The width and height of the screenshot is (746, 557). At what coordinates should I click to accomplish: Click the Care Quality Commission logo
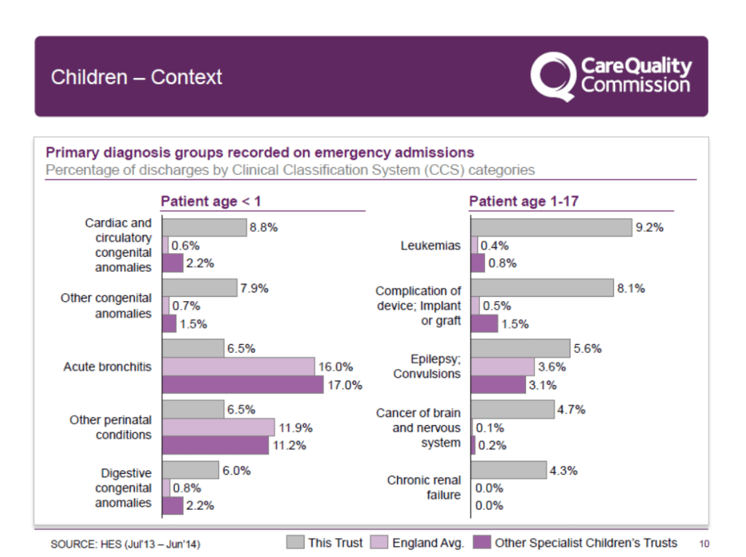point(610,76)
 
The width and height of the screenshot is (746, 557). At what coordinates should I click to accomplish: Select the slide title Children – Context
point(136,77)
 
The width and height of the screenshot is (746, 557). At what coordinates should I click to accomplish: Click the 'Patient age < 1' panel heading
point(211,201)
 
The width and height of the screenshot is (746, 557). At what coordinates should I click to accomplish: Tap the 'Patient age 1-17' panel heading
point(523,201)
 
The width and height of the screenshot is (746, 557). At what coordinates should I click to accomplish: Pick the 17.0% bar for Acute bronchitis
point(243,384)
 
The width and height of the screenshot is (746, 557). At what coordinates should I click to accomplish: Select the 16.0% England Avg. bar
point(238,367)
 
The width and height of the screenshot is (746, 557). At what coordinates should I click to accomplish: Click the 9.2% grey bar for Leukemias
point(551,227)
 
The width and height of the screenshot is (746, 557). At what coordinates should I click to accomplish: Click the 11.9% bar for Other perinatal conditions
point(219,427)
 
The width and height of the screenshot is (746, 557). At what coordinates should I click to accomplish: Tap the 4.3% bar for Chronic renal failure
point(509,470)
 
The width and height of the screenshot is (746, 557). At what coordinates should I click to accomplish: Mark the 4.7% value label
point(571,410)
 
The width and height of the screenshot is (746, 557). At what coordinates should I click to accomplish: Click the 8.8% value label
point(263,227)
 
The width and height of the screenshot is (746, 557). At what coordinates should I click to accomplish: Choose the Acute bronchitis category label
point(107,367)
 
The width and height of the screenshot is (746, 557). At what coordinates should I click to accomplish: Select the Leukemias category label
point(431,246)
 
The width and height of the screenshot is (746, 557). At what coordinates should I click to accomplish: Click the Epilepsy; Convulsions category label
point(427,367)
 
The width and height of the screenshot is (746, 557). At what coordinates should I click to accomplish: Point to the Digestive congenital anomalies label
point(123,488)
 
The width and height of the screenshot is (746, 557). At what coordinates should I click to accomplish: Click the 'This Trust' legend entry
point(326,542)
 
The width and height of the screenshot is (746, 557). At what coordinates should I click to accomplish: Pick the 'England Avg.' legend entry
point(418,542)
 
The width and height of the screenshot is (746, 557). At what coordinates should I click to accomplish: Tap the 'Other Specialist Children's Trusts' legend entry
point(576,542)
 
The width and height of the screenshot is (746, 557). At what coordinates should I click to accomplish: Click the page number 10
point(704,543)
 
